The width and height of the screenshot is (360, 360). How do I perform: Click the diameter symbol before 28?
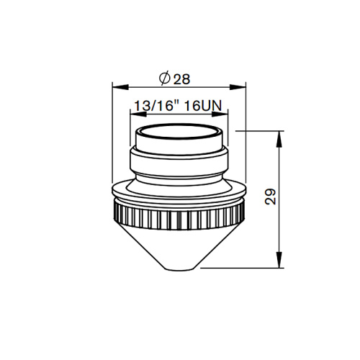click(163, 77)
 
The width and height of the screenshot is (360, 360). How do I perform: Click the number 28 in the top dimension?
click(181, 77)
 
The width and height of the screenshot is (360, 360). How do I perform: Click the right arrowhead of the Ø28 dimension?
click(242, 87)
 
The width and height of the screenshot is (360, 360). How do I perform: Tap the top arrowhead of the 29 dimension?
click(279, 135)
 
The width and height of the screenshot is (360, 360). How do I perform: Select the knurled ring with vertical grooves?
click(179, 213)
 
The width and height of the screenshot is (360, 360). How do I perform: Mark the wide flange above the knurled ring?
click(179, 192)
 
